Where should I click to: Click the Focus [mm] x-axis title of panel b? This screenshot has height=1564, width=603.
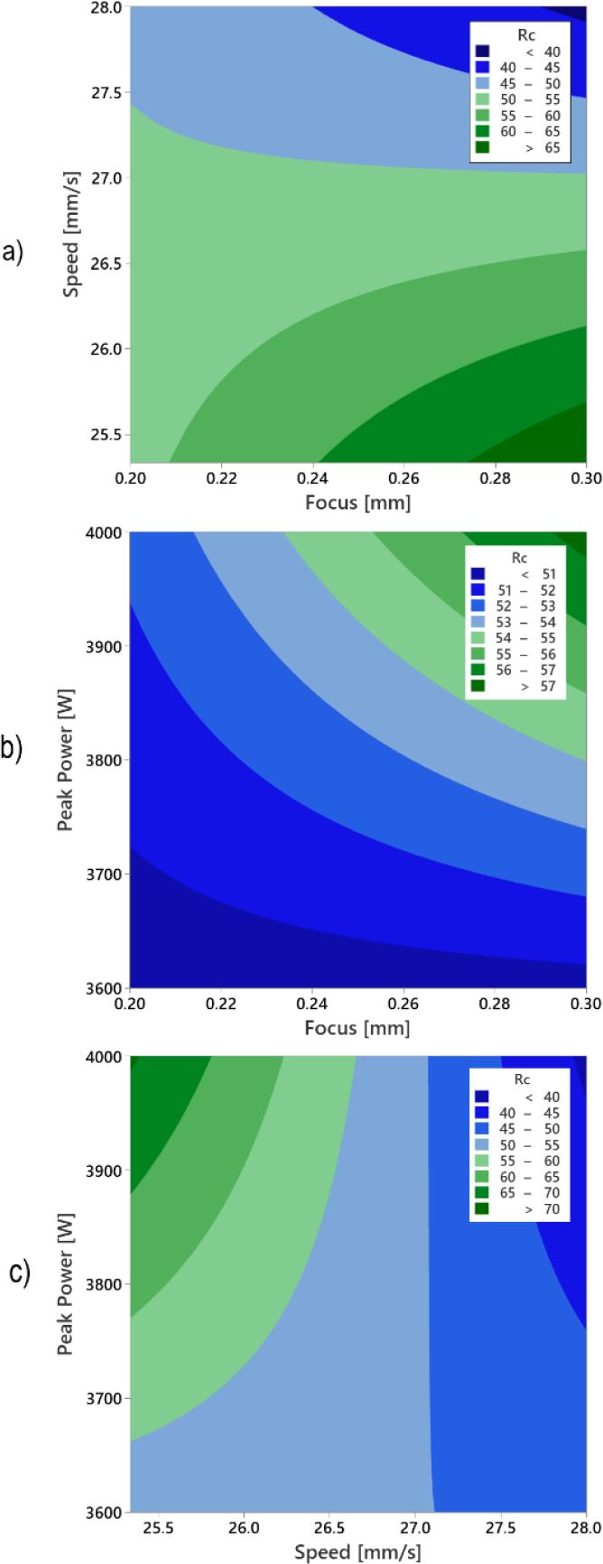pos(357,1027)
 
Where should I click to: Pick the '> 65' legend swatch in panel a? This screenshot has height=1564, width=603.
pos(482,148)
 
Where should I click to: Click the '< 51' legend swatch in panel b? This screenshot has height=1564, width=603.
pos(478,574)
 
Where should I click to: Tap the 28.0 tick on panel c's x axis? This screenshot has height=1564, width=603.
pos(572,1525)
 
